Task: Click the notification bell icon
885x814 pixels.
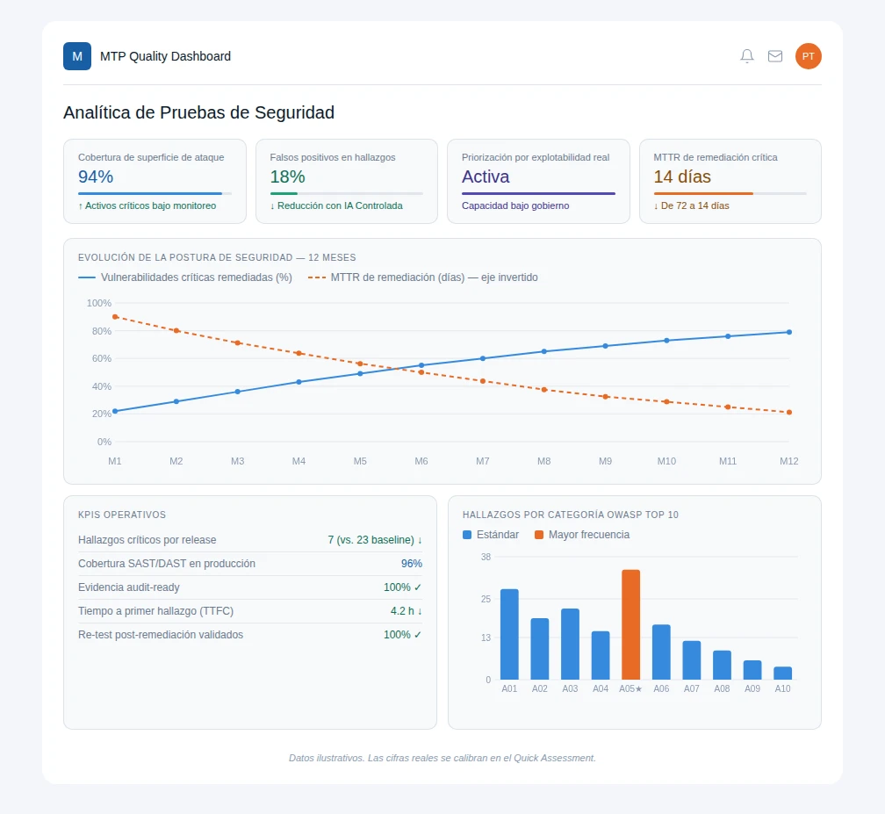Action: point(746,56)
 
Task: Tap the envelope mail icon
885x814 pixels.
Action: point(775,56)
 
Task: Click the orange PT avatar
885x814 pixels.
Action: point(809,56)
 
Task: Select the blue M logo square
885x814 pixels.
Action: point(77,56)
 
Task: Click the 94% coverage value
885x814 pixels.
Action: point(96,176)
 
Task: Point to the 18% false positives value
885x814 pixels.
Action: point(287,176)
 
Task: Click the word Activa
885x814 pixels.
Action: point(486,176)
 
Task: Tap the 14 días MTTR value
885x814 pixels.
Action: point(682,176)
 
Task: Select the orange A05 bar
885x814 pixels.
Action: point(630,624)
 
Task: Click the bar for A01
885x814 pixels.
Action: point(509,634)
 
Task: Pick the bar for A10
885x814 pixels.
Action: point(782,673)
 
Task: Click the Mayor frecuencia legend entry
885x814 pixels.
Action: point(582,535)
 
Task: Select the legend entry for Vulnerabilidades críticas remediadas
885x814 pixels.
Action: point(185,277)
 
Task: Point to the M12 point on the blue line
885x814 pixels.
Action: point(789,332)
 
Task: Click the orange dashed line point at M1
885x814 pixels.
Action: point(115,317)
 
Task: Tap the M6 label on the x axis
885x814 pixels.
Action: point(421,461)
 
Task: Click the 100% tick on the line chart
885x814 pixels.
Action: point(98,303)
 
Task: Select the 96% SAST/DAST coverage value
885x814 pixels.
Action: point(412,564)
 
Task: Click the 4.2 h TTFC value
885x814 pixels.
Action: point(406,611)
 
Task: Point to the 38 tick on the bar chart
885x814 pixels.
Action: point(486,557)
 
